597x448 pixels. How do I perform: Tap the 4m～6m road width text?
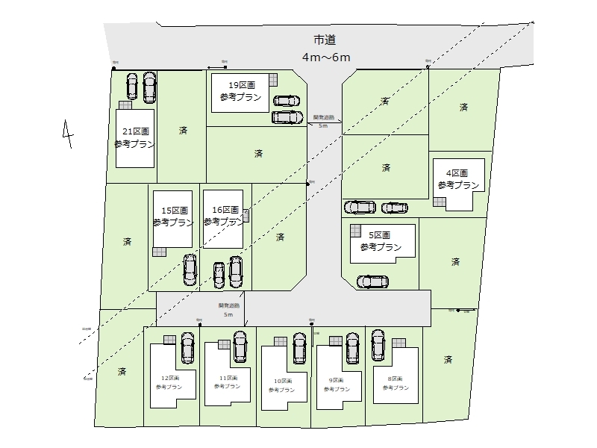coord(326,57)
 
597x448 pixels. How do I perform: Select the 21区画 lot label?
coord(135,131)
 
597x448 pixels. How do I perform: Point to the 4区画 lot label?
coord(457,172)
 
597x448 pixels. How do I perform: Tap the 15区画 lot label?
coord(173,211)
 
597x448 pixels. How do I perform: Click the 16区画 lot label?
coord(224,211)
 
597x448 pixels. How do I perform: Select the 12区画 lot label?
coord(169,379)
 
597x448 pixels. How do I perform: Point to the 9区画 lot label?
coord(340,380)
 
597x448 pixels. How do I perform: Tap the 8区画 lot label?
coord(397,379)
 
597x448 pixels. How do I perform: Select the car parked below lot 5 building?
coord(372,281)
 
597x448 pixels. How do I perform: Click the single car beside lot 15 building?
coord(190,270)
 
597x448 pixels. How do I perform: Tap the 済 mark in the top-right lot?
coord(463,108)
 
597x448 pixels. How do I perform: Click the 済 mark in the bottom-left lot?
coord(122,370)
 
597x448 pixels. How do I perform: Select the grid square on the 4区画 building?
coord(439,202)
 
